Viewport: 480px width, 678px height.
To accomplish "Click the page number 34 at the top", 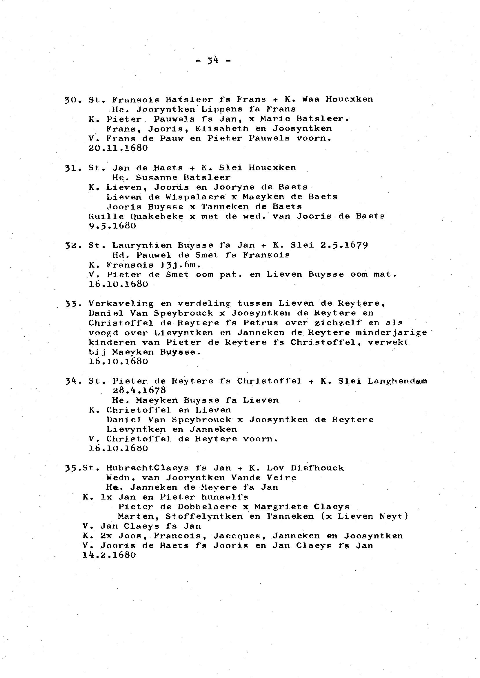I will coord(213,61).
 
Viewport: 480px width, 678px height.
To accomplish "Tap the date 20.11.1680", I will coord(118,148).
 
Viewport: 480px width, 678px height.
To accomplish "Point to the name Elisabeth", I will coord(222,129).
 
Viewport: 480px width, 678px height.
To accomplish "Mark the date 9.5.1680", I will coord(112,226).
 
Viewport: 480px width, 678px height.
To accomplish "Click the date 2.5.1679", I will coord(344,245).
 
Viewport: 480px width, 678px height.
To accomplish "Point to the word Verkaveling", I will coord(121,304).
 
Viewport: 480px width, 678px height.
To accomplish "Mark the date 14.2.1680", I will coord(109,555).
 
